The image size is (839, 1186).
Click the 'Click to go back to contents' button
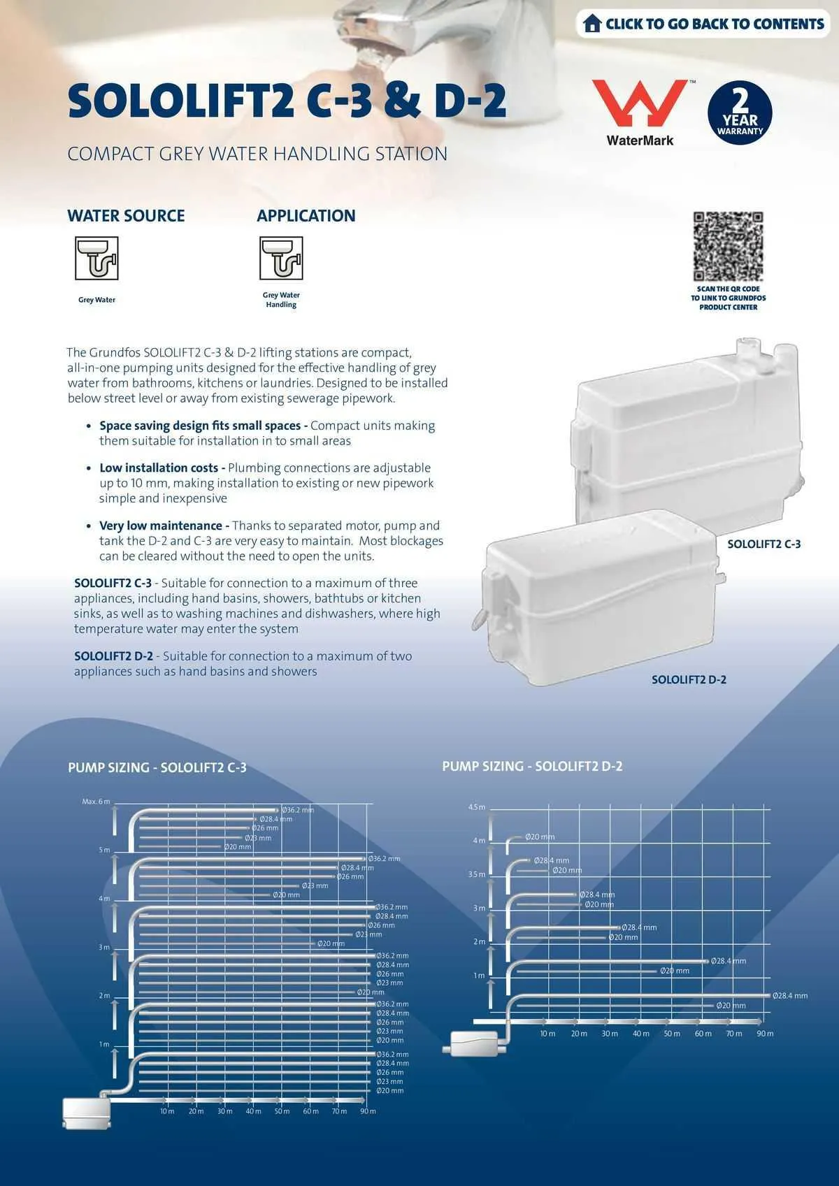tap(703, 24)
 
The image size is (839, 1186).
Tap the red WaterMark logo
tap(639, 103)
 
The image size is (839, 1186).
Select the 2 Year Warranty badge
tap(740, 113)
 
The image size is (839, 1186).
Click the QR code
tap(728, 246)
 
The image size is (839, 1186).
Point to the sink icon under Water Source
tap(96, 258)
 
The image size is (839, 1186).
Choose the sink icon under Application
tap(281, 258)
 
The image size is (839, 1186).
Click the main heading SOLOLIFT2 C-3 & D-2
tap(287, 101)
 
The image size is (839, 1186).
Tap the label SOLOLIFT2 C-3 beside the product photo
tap(763, 544)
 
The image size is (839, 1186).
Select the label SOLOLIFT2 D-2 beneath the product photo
tap(689, 679)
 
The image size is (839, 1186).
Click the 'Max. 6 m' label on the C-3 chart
tap(96, 802)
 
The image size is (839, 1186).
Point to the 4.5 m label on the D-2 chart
tap(476, 807)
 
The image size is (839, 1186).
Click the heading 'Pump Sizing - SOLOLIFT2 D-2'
tap(532, 766)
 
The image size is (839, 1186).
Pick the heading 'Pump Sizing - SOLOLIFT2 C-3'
tap(157, 767)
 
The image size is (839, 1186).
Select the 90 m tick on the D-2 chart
tap(765, 1034)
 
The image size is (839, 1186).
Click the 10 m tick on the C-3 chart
tap(167, 1111)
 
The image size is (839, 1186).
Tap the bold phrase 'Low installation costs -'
tap(162, 468)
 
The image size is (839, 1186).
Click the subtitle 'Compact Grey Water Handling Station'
tap(257, 154)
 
